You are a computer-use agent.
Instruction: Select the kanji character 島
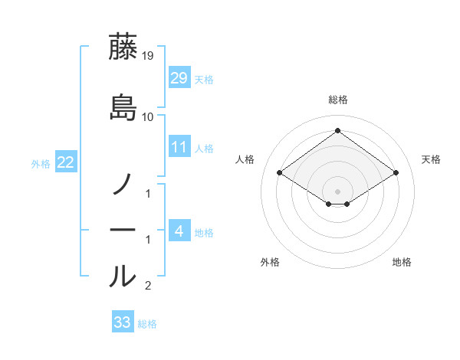123,107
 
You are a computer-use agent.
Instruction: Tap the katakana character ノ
123,185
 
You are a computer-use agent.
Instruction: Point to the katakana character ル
123,277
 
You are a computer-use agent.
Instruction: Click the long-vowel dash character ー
123,230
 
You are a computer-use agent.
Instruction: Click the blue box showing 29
179,77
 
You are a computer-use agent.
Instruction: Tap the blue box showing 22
66,162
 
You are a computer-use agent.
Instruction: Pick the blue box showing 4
179,231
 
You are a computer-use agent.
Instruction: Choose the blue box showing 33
123,322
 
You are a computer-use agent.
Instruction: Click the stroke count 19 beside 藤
148,56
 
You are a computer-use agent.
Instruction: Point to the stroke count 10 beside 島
148,117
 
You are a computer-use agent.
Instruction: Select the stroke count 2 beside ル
148,286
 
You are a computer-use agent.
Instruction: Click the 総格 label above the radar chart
338,100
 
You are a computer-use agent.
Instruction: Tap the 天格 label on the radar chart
432,159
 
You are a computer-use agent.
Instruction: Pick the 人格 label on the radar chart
245,159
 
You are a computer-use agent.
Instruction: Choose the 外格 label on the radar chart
270,262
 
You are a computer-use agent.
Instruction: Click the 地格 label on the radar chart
402,262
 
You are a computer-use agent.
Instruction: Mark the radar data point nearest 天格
396,173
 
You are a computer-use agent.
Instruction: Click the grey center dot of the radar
338,191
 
